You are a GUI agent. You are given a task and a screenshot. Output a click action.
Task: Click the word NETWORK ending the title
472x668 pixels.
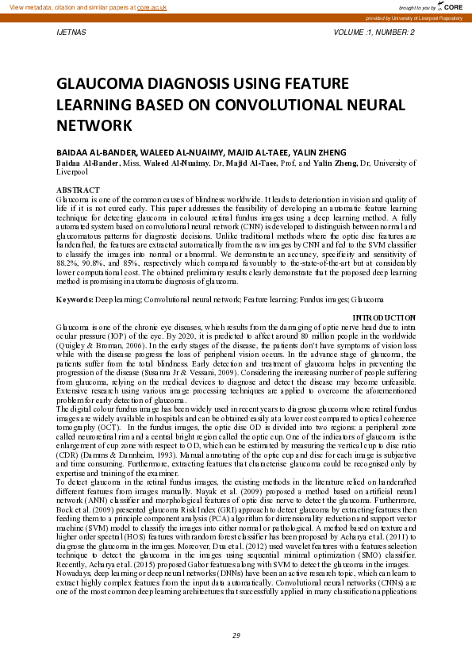[93, 125]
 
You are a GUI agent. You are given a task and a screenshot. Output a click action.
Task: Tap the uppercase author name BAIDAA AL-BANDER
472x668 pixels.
[93, 152]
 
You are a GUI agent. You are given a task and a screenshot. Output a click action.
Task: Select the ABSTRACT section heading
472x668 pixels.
[78, 190]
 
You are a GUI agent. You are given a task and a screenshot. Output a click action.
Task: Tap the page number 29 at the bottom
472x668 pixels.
[236, 635]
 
